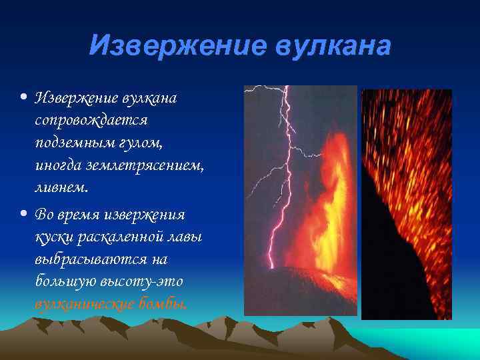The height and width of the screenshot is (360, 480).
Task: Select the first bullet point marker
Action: pos(24,98)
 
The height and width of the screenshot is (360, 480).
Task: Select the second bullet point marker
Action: pos(24,215)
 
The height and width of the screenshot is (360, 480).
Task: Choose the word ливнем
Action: pos(61,187)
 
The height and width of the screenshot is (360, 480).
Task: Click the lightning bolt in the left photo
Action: pos(277,193)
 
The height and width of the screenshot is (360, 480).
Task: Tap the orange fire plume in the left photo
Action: pos(320,200)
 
